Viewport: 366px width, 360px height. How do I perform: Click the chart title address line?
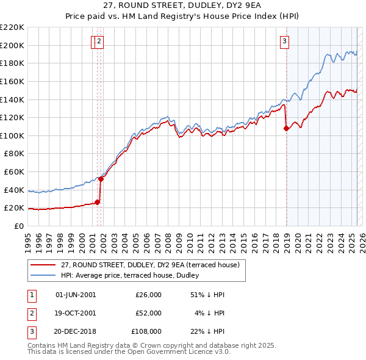coord(182,6)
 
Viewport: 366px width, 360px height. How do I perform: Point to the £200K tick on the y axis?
coord(12,45)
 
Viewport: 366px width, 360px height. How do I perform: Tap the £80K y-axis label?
coord(14,154)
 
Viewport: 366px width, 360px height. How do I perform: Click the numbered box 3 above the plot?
coord(284,41)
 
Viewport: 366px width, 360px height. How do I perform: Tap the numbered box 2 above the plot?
coord(99,41)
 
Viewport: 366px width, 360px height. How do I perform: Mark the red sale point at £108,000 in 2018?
coord(286,128)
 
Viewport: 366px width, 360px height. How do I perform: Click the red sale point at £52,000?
coord(101,179)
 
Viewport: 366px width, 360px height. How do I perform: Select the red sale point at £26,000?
coord(97,202)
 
